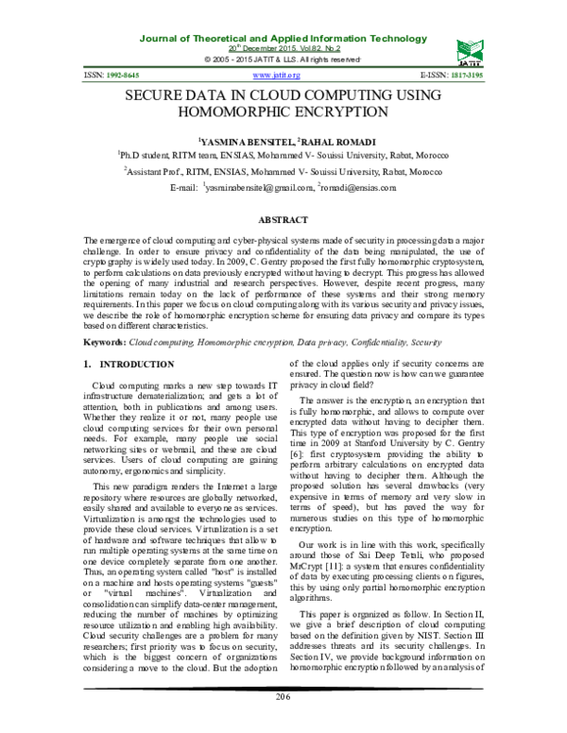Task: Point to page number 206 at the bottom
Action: point(283,697)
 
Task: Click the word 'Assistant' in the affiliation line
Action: point(151,172)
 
